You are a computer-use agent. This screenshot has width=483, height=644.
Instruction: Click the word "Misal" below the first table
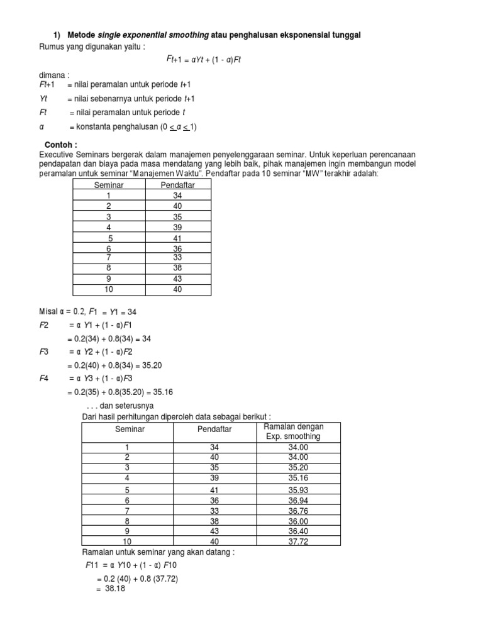pyautogui.click(x=48, y=311)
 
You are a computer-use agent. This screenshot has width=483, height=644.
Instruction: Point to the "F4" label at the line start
pyautogui.click(x=45, y=379)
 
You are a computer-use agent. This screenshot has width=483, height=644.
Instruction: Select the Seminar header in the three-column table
pyautogui.click(x=130, y=429)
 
